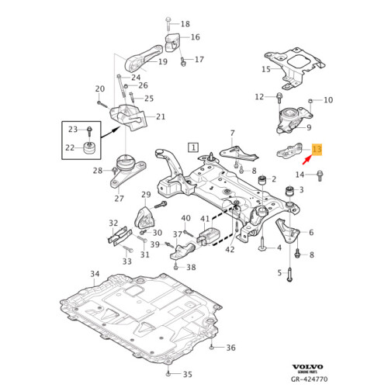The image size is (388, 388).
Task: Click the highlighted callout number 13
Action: point(317,150)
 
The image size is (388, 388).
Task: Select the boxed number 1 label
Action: point(192,146)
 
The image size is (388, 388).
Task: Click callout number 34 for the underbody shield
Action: point(95,275)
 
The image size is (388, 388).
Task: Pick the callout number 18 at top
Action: point(184,24)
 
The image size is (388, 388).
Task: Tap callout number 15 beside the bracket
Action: point(265,69)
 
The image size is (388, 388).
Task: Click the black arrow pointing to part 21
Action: point(109,133)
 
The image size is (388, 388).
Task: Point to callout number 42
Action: point(229,249)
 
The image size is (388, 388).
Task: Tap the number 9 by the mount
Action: point(309,127)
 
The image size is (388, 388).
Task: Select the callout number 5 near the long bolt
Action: point(279,272)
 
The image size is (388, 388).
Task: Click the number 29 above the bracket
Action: point(145,195)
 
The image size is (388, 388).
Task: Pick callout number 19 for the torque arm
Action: point(163,61)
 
